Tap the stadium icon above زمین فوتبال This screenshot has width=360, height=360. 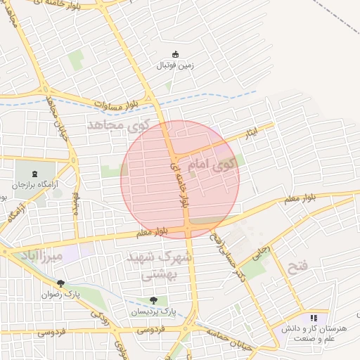176,55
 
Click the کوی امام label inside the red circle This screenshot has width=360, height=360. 210,165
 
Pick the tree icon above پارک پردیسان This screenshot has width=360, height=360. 153,300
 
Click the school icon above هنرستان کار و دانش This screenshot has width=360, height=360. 313,319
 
